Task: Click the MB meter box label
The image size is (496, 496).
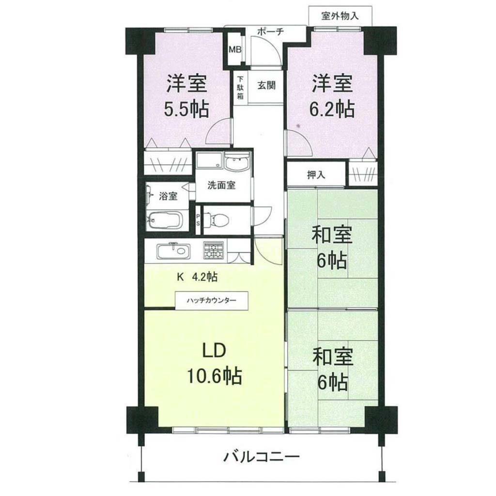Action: click(235, 50)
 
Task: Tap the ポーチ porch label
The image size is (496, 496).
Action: click(270, 31)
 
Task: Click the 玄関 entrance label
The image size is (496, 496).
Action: click(266, 85)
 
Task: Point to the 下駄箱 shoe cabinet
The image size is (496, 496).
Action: click(241, 87)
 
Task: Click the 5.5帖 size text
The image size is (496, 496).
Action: click(186, 110)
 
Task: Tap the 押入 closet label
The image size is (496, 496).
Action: click(316, 174)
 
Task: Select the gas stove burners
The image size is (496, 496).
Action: click(214, 250)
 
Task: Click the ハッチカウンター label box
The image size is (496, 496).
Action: click(212, 300)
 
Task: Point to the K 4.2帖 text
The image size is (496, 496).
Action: click(197, 277)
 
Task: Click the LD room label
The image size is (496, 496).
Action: click(214, 351)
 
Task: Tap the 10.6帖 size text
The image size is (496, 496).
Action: click(215, 376)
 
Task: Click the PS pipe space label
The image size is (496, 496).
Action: click(198, 220)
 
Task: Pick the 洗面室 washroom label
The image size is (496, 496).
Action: click(221, 186)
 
